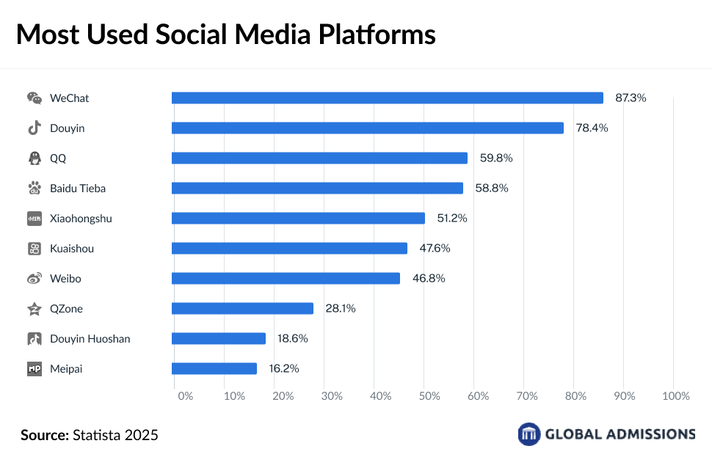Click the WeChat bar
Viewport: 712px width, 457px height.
pos(387,98)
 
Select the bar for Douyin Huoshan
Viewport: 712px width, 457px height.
pos(219,339)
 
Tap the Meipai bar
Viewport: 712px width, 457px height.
pos(214,369)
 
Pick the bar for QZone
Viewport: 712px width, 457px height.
pos(242,309)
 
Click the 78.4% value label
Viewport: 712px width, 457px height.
pos(592,128)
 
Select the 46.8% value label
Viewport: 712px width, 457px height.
pos(429,279)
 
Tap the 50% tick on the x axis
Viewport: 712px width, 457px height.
pos(429,396)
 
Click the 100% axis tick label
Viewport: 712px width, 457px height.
pos(676,396)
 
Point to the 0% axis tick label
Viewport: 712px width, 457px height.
pos(185,396)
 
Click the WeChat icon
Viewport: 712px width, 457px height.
pos(34,98)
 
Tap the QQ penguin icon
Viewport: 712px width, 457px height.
pos(34,158)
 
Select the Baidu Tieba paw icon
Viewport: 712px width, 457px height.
pos(34,189)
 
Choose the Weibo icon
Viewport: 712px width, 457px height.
pos(34,279)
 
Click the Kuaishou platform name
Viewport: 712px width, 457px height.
pos(72,249)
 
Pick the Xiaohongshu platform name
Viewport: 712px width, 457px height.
pos(81,219)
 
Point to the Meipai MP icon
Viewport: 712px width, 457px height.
pos(34,369)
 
